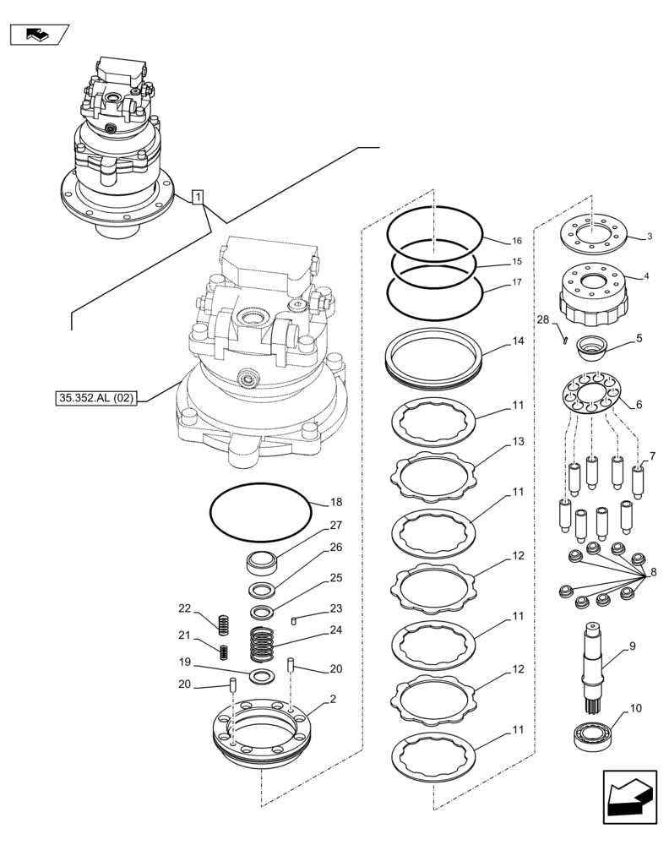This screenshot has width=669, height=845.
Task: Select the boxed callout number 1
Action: click(x=198, y=199)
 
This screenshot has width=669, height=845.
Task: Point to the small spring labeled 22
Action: click(x=224, y=624)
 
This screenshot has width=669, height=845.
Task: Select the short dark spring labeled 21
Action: click(x=225, y=652)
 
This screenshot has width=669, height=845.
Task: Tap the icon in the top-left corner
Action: click(x=38, y=35)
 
